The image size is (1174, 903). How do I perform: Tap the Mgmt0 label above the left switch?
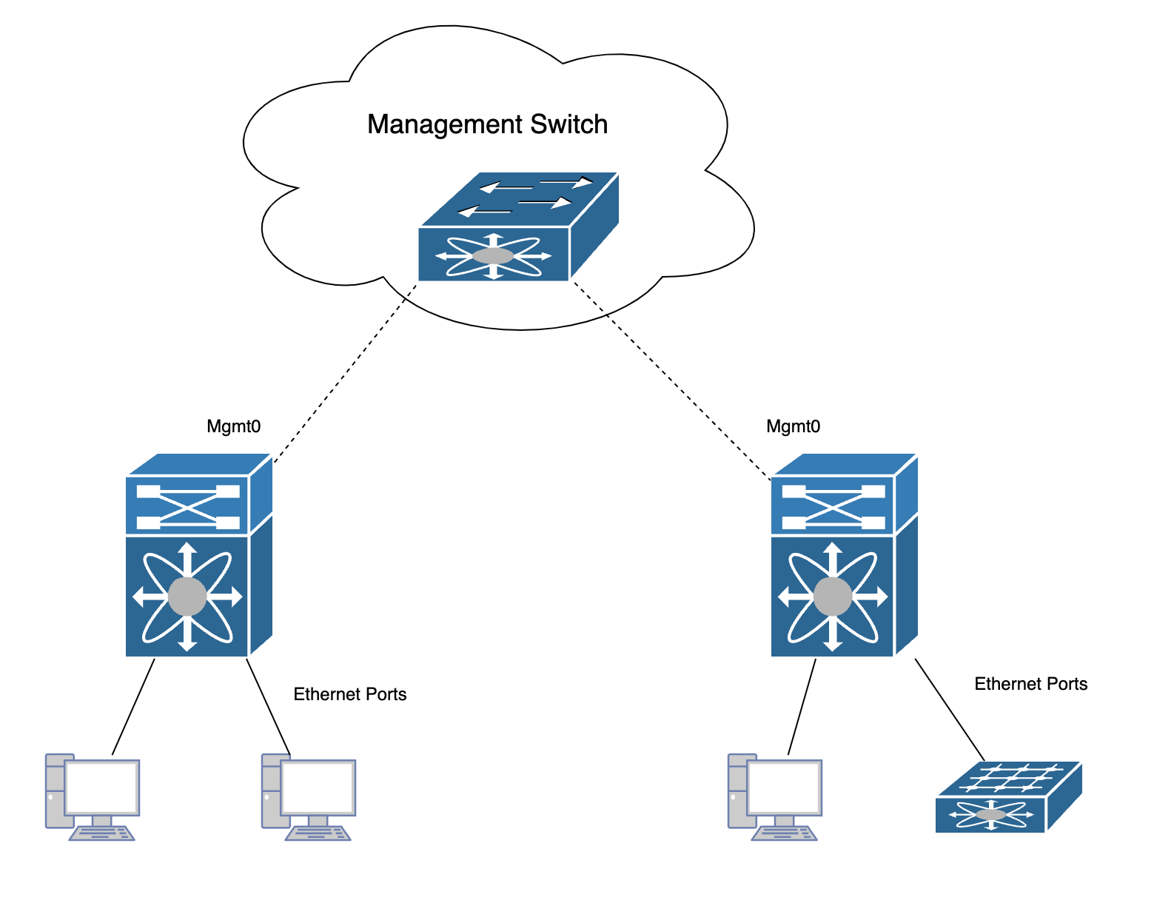click(x=233, y=426)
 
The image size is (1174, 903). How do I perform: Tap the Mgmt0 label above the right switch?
click(x=793, y=426)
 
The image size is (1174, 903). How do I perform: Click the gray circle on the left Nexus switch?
click(x=187, y=597)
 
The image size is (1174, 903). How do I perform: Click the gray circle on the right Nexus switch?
click(x=833, y=597)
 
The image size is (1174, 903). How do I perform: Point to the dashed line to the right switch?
click(x=670, y=377)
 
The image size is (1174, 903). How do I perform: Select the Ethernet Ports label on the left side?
click(x=350, y=694)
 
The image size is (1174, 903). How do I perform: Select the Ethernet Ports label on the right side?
click(x=1030, y=684)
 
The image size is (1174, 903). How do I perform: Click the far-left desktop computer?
click(x=92, y=796)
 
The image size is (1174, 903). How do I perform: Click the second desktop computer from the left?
click(x=308, y=796)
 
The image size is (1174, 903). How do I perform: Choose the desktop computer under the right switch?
click(x=774, y=796)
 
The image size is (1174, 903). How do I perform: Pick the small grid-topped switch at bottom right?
click(x=1007, y=798)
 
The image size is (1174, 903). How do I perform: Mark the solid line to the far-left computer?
click(x=133, y=707)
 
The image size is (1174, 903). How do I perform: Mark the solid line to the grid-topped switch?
click(x=950, y=709)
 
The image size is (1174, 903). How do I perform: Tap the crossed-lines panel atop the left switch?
click(x=188, y=507)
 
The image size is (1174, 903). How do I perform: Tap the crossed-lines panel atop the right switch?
click(x=833, y=507)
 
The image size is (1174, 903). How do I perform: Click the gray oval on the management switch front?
click(x=493, y=256)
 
